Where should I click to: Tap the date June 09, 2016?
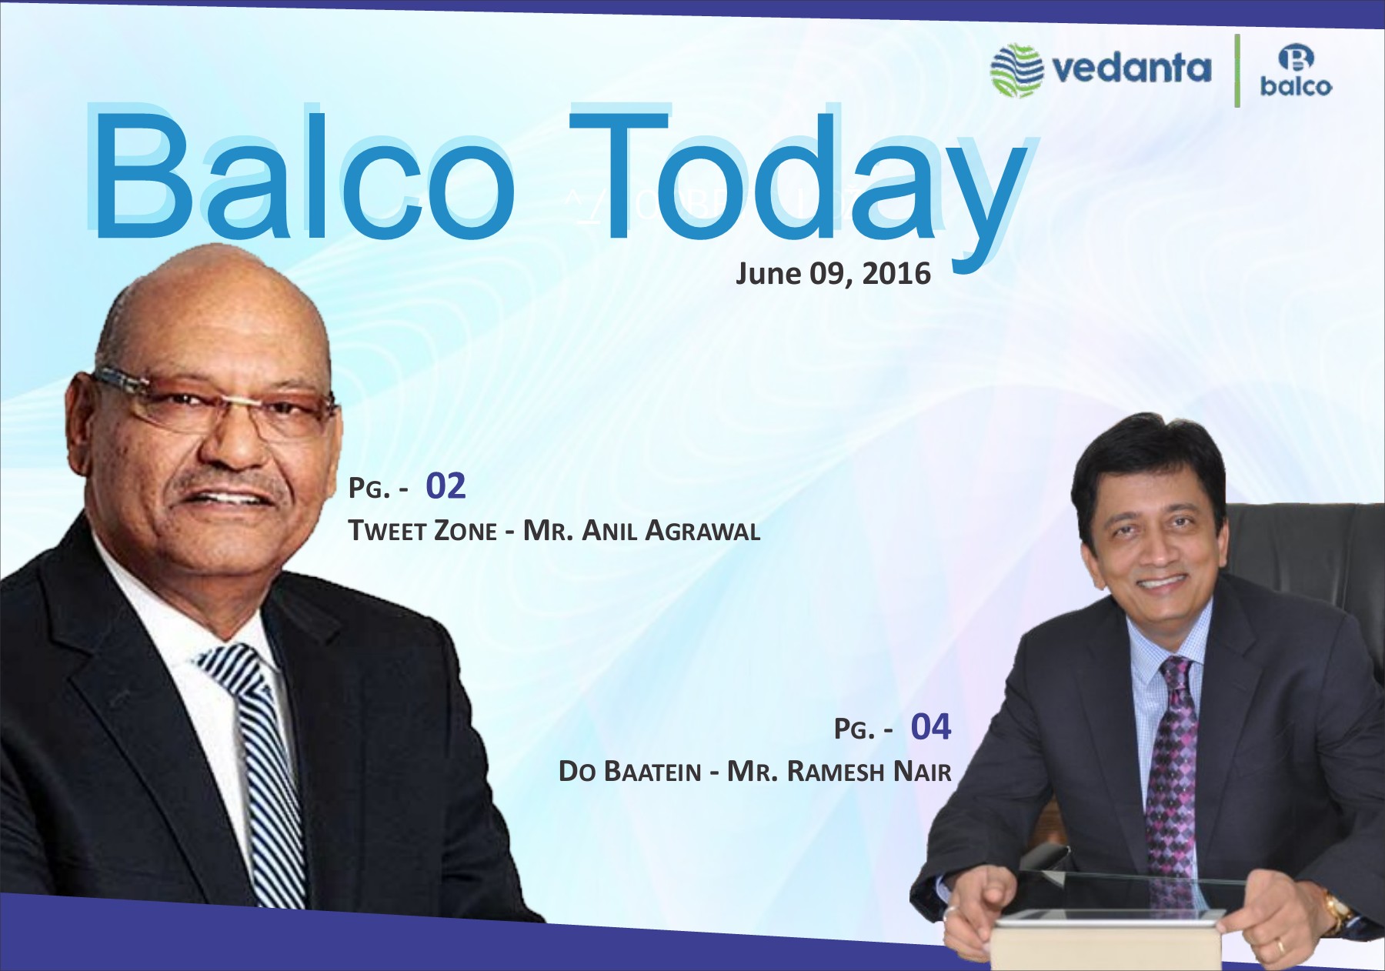833,274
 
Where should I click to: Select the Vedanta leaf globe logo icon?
1016,71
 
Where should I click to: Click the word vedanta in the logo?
1131,68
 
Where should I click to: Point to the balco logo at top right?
1296,70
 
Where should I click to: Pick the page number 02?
446,486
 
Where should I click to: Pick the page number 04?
931,727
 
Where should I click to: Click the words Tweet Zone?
422,531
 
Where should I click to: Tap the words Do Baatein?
630,772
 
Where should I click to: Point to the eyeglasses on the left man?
215,404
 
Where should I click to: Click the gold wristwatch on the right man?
1338,911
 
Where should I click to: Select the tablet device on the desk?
1106,939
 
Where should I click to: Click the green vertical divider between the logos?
1237,71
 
